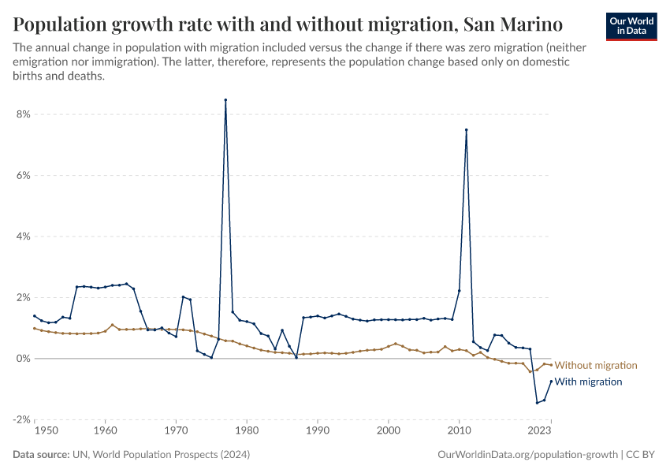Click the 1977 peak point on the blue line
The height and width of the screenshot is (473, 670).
225,100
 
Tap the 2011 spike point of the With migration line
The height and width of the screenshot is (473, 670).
467,130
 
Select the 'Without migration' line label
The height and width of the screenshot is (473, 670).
595,366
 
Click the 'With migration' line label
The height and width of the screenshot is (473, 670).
588,382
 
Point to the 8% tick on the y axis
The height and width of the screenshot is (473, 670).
22,114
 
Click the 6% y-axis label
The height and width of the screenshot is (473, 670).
22,176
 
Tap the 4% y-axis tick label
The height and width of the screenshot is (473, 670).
22,236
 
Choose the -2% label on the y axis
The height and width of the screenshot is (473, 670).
20,419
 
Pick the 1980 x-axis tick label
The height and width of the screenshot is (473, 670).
247,431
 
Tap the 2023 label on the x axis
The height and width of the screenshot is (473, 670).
540,431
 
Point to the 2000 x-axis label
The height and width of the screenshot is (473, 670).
389,431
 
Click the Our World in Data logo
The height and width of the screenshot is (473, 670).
632,25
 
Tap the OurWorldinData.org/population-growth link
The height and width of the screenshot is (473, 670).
527,455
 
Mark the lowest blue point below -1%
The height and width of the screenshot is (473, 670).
537,403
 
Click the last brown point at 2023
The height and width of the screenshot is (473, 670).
551,365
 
